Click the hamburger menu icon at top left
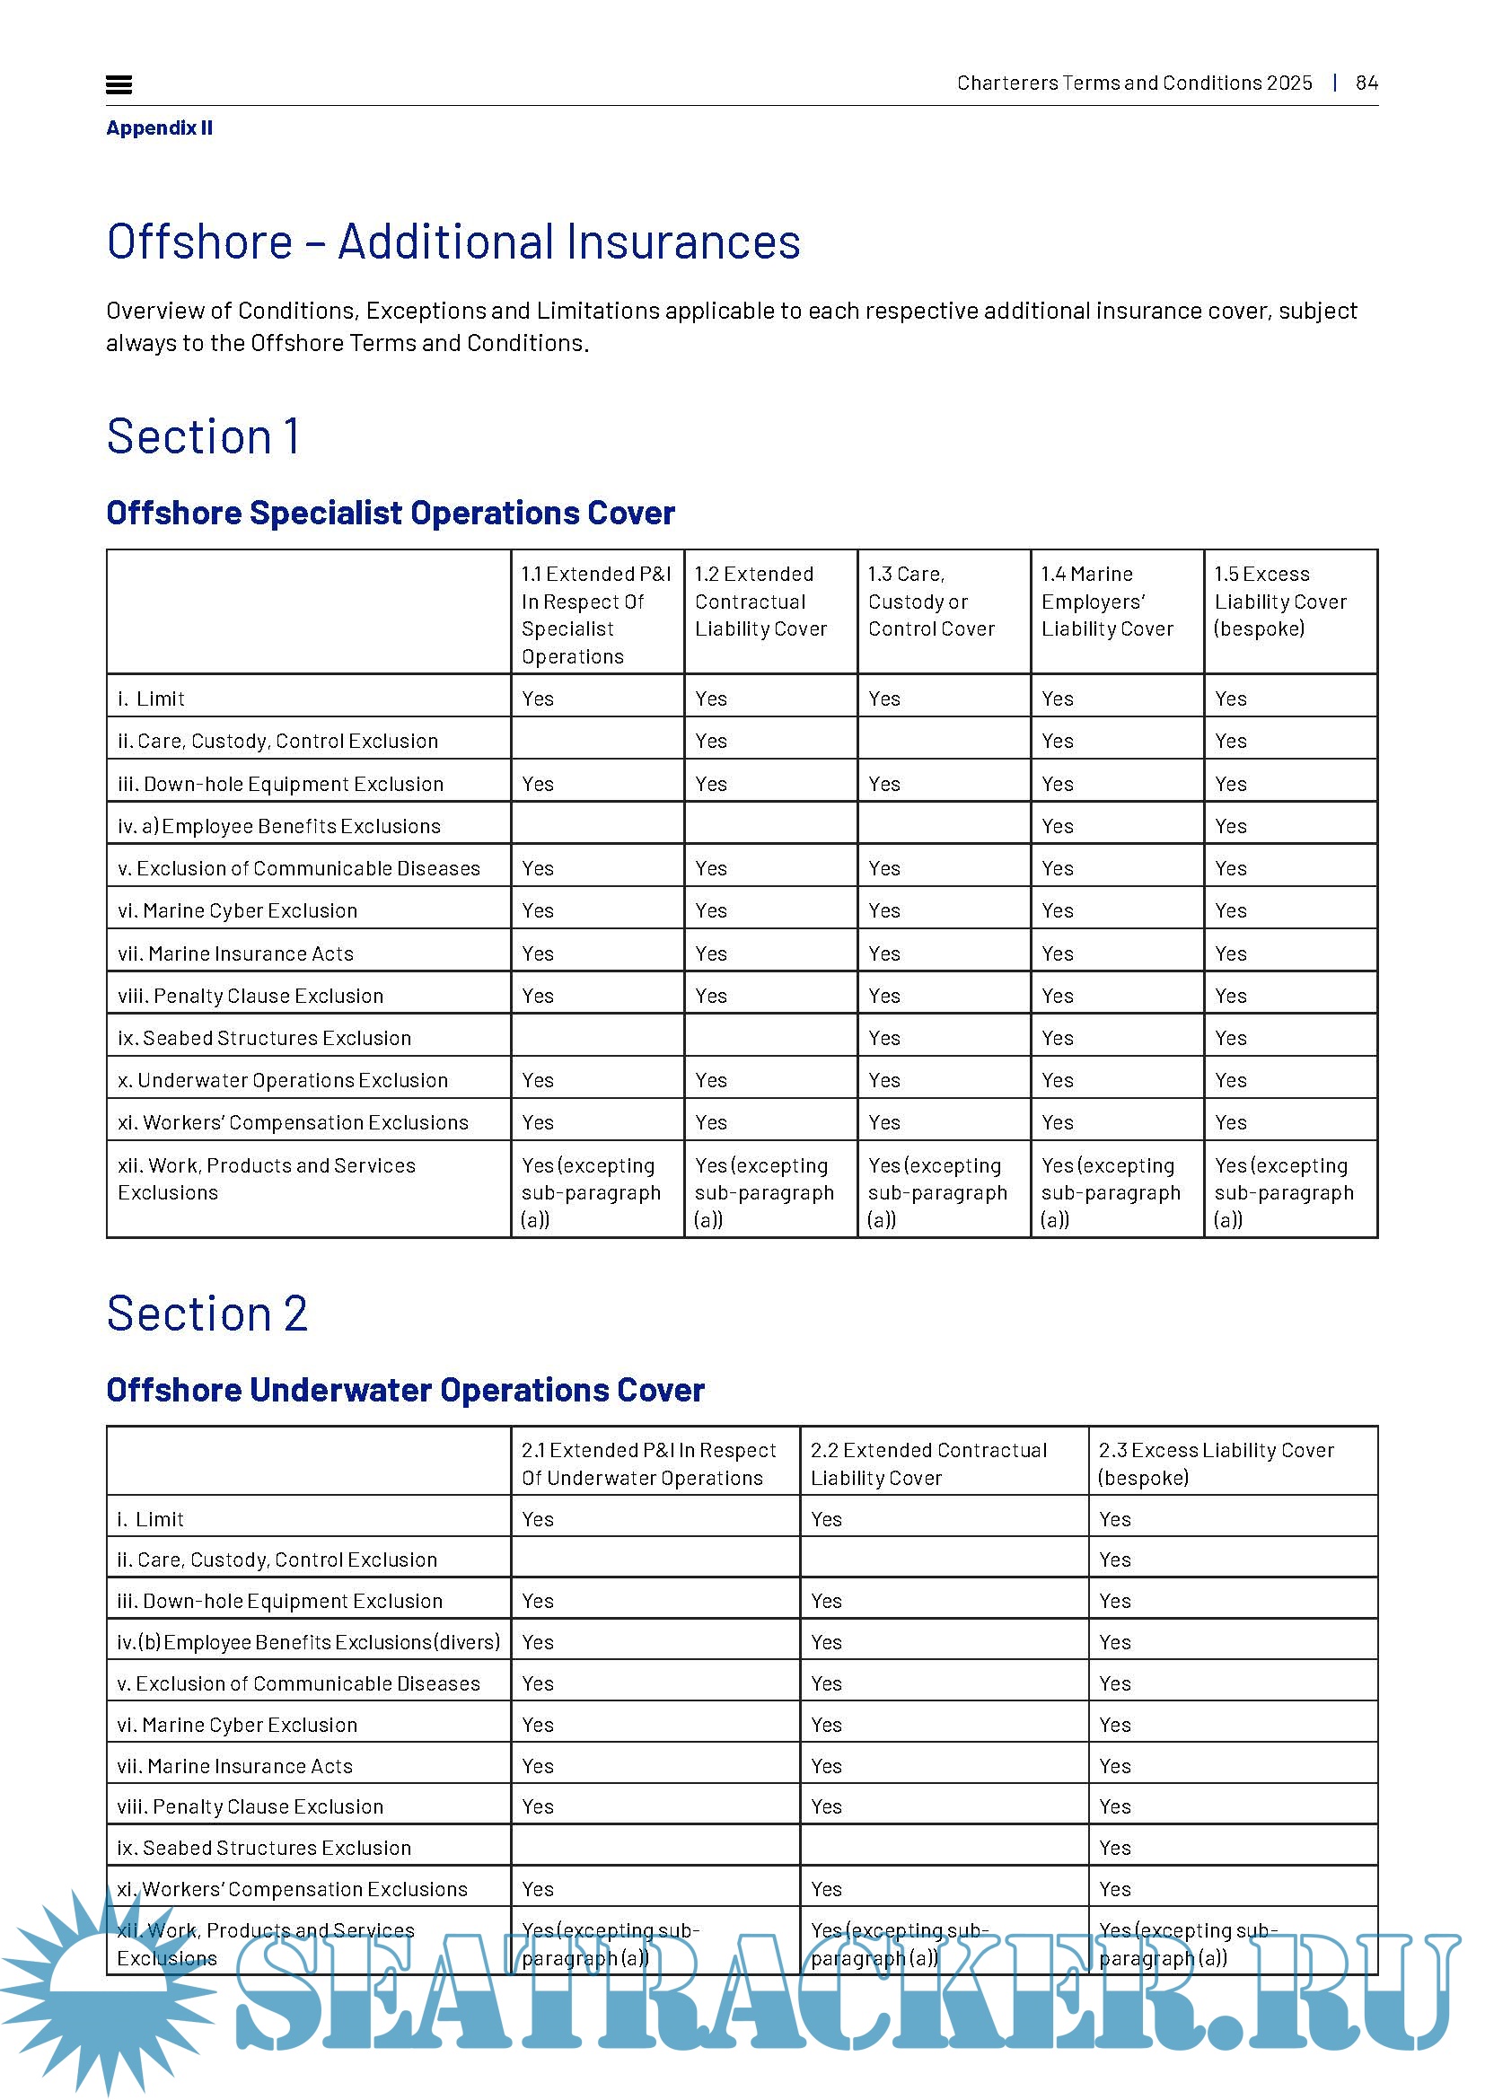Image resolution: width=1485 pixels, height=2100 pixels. (119, 85)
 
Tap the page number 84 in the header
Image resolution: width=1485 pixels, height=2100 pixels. (1366, 83)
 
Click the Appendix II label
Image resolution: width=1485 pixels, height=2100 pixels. (159, 128)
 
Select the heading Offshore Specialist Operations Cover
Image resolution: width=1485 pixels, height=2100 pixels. (391, 514)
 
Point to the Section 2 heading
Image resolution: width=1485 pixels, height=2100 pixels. (207, 1314)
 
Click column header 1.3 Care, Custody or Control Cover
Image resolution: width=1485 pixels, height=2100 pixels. (931, 602)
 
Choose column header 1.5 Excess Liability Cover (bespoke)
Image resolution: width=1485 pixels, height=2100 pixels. (1280, 602)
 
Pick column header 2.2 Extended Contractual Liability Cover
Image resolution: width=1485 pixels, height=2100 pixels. (928, 1463)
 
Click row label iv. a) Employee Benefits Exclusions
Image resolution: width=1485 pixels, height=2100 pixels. (279, 826)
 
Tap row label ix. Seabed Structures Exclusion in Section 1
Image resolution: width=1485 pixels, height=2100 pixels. (264, 1038)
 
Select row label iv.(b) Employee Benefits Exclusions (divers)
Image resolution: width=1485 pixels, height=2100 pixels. (308, 1642)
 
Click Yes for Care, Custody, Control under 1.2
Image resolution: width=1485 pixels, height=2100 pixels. (710, 741)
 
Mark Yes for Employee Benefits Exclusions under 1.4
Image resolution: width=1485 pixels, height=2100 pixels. (1057, 826)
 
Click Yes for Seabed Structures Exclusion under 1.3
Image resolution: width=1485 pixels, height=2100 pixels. (884, 1038)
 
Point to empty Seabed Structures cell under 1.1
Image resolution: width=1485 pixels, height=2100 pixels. (596, 1038)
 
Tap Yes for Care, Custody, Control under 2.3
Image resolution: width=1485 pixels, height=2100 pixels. (1115, 1560)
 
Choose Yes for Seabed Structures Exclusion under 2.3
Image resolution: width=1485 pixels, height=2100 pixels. (1115, 1848)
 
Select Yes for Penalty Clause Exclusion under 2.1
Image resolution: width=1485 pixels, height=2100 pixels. (538, 1806)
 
